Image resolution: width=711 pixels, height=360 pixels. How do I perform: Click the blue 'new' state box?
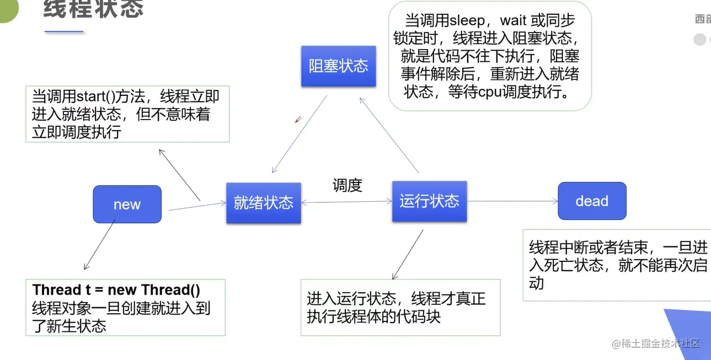click(x=127, y=205)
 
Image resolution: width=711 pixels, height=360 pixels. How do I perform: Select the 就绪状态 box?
click(x=263, y=203)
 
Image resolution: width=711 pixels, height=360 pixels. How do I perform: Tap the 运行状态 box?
click(x=429, y=201)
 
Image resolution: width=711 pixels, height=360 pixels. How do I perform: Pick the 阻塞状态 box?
click(x=338, y=66)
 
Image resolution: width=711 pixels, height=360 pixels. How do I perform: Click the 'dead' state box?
click(x=592, y=201)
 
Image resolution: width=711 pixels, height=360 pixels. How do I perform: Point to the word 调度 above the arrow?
click(x=347, y=185)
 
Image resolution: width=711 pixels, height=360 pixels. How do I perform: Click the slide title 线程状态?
click(x=93, y=9)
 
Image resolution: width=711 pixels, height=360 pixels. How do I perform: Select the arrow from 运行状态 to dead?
click(x=513, y=201)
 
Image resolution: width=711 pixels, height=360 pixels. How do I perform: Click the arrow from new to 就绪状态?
click(x=197, y=206)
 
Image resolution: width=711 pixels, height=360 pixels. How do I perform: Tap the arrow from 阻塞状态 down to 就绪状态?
click(x=299, y=135)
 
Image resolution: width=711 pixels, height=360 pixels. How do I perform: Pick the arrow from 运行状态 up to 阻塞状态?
click(x=389, y=135)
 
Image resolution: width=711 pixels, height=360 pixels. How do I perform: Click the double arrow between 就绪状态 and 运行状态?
click(x=346, y=202)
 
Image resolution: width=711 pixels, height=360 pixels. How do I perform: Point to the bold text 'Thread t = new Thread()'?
click(x=116, y=290)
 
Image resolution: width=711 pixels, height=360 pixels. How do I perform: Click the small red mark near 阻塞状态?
click(x=298, y=119)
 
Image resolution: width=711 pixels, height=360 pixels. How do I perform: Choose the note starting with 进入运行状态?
click(x=400, y=307)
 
